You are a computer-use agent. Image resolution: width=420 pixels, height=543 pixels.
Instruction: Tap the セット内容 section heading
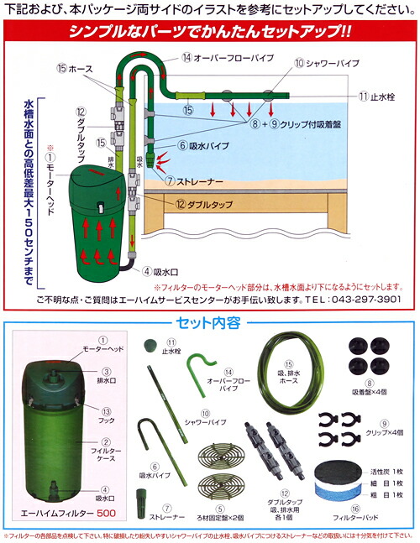(x=210, y=322)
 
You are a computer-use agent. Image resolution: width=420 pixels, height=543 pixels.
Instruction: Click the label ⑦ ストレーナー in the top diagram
(x=192, y=180)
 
